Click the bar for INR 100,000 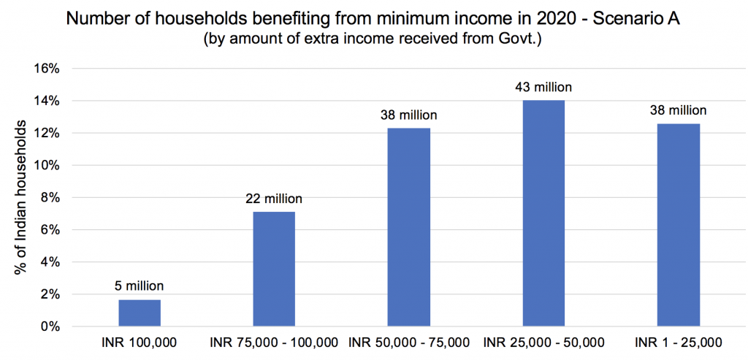[139, 313]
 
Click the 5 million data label [139, 286]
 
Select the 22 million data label [273, 198]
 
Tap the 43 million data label [543, 87]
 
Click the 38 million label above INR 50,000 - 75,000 [408, 115]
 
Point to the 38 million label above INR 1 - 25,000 [678, 110]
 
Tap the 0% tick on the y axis [49, 326]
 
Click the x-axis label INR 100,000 [139, 342]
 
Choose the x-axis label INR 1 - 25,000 [678, 342]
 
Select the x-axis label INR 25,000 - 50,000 [543, 342]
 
